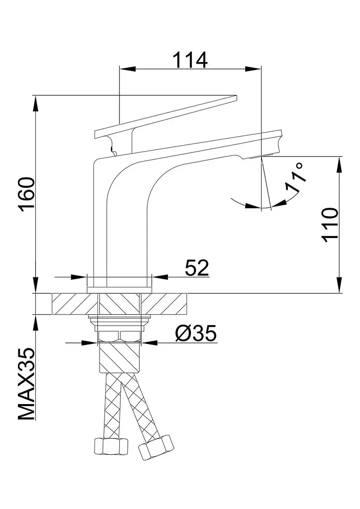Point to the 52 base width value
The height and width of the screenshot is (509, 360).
[x=197, y=268]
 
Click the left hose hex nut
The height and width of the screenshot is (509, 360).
[x=111, y=447]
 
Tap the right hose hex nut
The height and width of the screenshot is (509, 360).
[x=155, y=447]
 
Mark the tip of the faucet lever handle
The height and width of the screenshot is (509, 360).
[x=237, y=96]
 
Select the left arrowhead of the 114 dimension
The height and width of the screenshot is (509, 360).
[x=128, y=69]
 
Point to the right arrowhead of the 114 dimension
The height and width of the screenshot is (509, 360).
[x=253, y=69]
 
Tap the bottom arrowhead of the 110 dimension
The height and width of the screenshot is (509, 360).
[x=340, y=285]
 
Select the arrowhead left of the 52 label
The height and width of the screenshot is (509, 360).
[x=79, y=277]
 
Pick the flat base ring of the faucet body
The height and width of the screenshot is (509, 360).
[x=119, y=290]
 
